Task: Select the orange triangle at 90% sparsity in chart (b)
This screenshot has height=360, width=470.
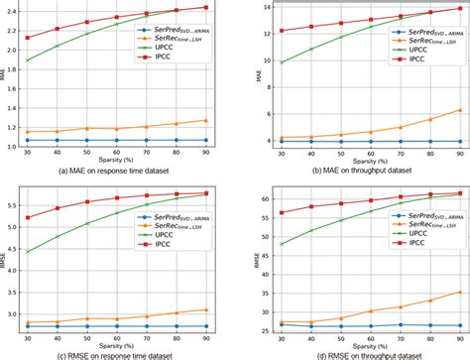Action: (x=457, y=110)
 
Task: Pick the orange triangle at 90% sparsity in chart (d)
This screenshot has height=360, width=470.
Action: (x=457, y=292)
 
